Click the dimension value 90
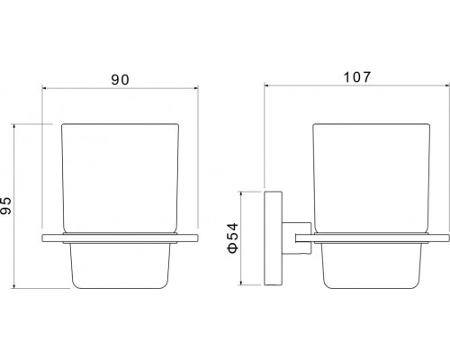point(120,80)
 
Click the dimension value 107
point(357,77)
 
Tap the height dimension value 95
point(6,206)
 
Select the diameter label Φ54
point(233,238)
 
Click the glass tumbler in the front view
point(120,178)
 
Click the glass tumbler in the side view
point(372,178)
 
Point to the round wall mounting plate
point(273,238)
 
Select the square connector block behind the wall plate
point(296,238)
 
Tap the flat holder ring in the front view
point(120,238)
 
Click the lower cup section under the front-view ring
point(120,265)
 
